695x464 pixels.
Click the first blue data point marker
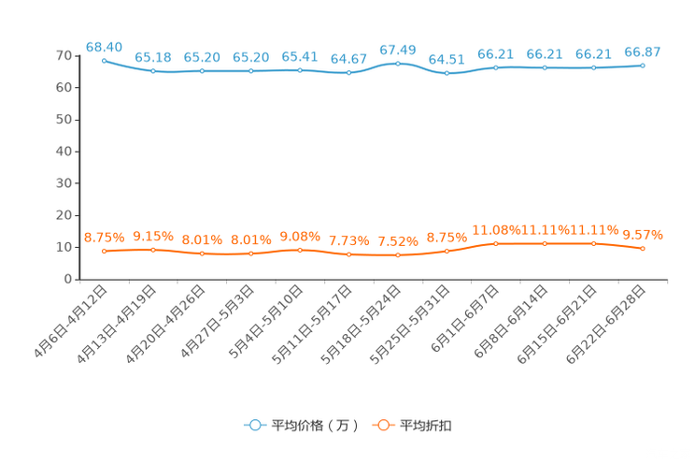pos(104,60)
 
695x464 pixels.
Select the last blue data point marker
pos(643,65)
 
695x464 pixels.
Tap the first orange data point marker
pos(104,252)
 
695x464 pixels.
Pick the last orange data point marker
pos(643,249)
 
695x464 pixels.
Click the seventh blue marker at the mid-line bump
pos(398,64)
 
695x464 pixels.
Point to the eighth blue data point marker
pos(447,74)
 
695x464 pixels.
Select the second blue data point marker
pos(153,71)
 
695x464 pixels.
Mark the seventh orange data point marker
pos(398,254)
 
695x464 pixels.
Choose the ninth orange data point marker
pos(495,244)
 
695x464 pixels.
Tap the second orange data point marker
pos(153,250)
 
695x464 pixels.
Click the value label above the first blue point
pos(104,46)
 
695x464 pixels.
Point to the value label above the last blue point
pos(643,51)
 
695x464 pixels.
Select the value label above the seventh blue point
pos(398,49)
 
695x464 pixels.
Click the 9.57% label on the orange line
pos(643,235)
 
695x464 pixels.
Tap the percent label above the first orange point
pos(104,238)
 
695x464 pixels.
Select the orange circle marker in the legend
pos(383,426)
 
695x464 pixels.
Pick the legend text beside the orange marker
pos(427,426)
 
